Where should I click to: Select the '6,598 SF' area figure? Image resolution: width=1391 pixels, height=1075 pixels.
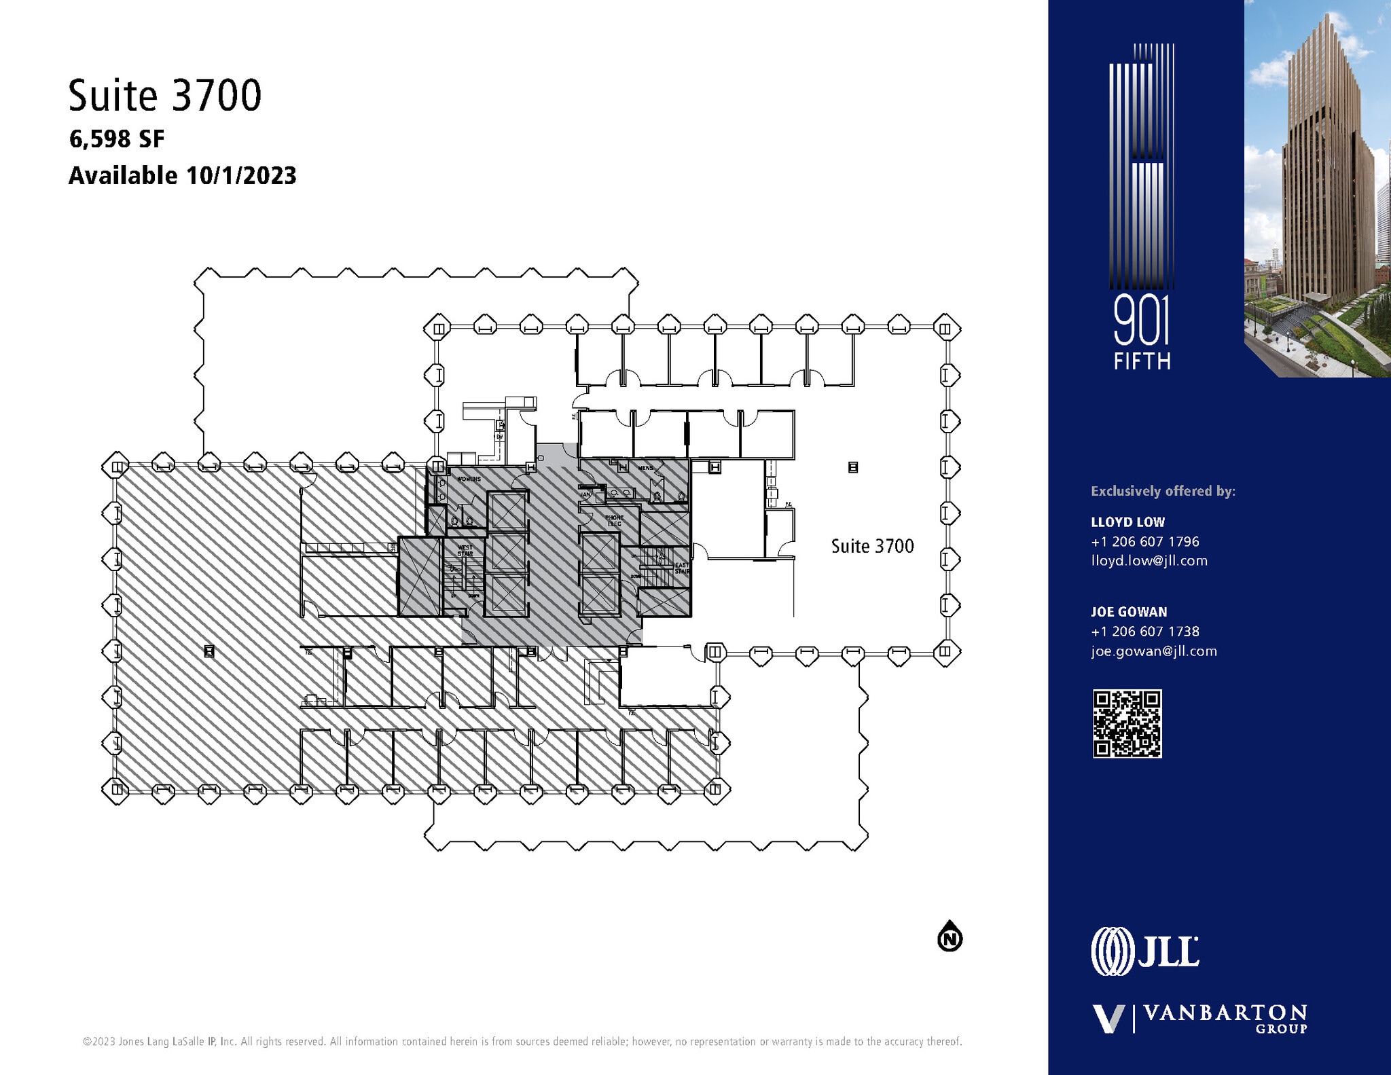(x=117, y=139)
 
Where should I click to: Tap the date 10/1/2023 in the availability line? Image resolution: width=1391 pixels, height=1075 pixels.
(x=241, y=176)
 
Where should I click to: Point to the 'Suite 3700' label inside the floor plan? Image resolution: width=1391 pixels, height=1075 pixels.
(x=872, y=546)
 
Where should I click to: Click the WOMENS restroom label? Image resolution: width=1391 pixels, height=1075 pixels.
(x=469, y=479)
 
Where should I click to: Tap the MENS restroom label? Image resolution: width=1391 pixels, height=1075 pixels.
(x=645, y=468)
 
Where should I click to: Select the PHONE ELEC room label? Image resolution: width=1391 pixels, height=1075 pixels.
(x=614, y=521)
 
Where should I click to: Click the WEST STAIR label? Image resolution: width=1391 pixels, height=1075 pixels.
(x=465, y=550)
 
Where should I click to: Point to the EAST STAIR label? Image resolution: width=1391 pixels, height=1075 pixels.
(x=681, y=568)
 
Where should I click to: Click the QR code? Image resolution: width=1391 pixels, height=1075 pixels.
(x=1127, y=724)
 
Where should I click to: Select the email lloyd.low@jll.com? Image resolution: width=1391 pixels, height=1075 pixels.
(x=1149, y=561)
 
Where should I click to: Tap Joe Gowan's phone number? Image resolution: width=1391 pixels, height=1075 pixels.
(x=1145, y=632)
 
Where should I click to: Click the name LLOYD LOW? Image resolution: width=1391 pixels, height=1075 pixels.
(x=1127, y=522)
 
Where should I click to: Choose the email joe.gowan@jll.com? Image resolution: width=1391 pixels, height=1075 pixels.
(x=1154, y=651)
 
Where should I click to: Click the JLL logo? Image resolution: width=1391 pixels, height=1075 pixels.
(x=1145, y=951)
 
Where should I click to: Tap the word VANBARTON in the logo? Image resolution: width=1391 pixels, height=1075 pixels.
(x=1225, y=1014)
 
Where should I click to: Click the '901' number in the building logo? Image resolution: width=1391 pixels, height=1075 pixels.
(x=1142, y=323)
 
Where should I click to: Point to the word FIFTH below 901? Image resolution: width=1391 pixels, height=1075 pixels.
(x=1142, y=361)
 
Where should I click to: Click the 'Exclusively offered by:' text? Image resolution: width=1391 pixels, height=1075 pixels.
(x=1163, y=491)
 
